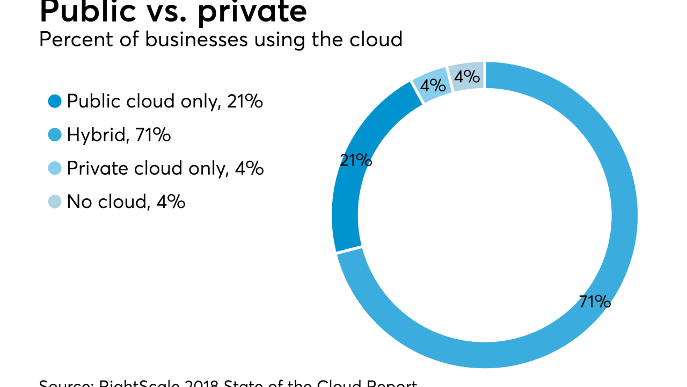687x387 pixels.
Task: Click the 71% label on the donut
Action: click(x=595, y=302)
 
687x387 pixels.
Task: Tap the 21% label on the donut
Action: click(x=356, y=160)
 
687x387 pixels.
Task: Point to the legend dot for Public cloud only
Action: click(x=55, y=101)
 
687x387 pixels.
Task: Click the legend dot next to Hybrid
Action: click(x=55, y=134)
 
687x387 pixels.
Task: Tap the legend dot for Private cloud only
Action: click(x=55, y=168)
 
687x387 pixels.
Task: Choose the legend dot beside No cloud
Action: click(x=55, y=202)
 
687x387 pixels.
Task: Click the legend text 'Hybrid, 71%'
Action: click(x=119, y=134)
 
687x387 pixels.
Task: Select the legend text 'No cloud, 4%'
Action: click(x=126, y=202)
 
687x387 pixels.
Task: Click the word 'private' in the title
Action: click(x=252, y=12)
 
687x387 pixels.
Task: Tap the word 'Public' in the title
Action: click(x=86, y=12)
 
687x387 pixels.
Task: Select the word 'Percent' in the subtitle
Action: click(x=69, y=39)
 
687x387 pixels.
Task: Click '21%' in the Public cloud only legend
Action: click(x=245, y=101)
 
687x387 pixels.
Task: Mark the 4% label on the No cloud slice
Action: click(x=466, y=76)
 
